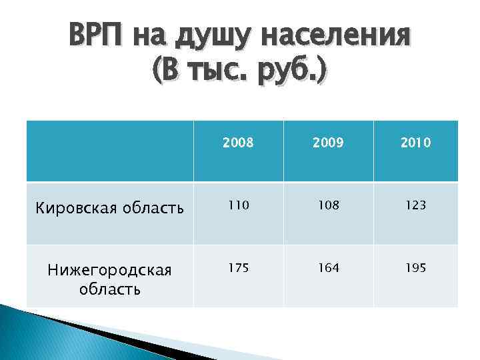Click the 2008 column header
pos(238,142)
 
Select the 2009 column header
pos(328,142)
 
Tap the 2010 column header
pos(416,142)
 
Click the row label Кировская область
pos(109,208)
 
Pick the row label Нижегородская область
pos(109,279)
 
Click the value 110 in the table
pos(238,206)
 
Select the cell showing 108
pos(328,206)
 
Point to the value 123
pos(416,206)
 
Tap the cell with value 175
pos(238,268)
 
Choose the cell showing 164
pos(328,268)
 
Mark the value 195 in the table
pos(416,268)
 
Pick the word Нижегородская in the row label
pos(109,271)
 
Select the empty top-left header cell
pos(109,151)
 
